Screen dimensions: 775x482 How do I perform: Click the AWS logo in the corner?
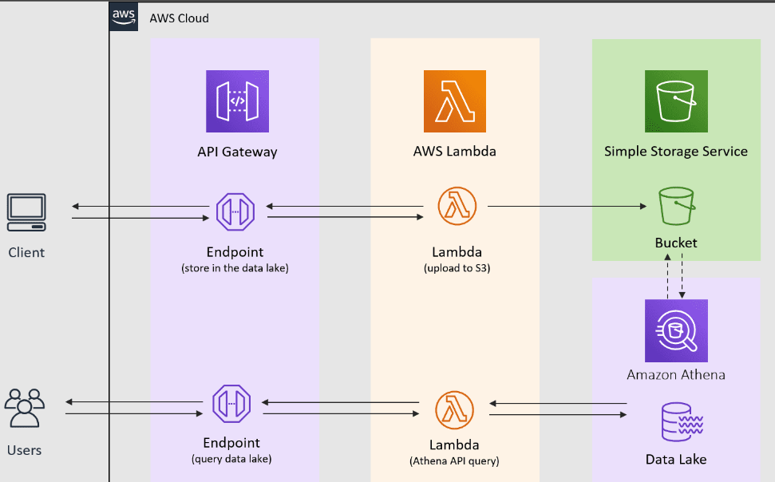(124, 17)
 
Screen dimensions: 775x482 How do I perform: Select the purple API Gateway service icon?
(237, 101)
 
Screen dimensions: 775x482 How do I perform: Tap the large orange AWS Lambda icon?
(455, 101)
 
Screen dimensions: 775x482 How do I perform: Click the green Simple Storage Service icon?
(676, 101)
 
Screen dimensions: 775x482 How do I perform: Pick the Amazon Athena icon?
(676, 330)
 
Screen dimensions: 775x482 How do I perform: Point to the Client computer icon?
(26, 212)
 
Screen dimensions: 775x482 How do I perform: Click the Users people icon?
(25, 408)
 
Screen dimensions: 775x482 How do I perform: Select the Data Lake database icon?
(682, 421)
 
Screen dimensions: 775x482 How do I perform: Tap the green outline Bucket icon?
(677, 206)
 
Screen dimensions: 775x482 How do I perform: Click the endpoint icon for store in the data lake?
(235, 211)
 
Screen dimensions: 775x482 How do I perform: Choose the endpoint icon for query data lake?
(231, 404)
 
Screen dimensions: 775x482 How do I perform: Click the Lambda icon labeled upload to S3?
(457, 206)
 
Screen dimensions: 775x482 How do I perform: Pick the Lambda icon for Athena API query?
(455, 410)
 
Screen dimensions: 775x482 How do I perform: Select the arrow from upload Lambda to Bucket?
(567, 206)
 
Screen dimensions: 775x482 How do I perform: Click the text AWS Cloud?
(180, 18)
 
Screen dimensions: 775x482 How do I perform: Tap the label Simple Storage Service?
(676, 152)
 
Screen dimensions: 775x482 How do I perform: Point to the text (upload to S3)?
(457, 268)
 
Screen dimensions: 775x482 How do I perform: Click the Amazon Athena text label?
(676, 375)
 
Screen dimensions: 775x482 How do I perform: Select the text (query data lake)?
(231, 459)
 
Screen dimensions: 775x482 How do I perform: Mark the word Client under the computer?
(26, 253)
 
